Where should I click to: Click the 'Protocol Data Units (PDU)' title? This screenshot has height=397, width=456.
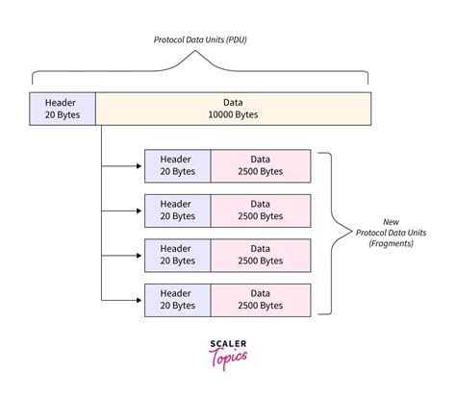200,40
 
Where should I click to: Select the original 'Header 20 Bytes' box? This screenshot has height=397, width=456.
63,109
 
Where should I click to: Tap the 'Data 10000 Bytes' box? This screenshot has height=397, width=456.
234,109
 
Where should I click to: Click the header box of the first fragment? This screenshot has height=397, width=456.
178,166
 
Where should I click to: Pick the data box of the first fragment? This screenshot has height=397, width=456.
261,166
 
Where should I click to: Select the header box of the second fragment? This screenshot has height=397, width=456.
178,211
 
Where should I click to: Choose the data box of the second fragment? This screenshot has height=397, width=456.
261,211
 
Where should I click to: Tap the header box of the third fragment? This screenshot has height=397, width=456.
178,256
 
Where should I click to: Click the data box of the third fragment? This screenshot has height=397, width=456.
261,256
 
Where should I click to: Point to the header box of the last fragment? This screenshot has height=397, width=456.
178,300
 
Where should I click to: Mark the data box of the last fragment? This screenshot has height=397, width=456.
261,300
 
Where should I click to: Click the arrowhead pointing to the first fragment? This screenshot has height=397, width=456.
139,166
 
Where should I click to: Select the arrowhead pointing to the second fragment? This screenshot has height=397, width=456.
139,211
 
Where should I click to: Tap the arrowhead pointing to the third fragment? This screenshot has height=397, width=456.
139,256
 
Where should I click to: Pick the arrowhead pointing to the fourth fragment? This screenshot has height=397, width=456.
139,300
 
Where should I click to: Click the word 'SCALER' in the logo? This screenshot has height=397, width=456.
228,344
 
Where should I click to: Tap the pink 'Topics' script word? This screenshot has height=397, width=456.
228,359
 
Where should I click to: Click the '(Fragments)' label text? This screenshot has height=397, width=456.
391,243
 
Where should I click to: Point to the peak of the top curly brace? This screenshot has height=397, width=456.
195,51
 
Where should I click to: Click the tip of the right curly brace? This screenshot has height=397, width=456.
352,233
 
